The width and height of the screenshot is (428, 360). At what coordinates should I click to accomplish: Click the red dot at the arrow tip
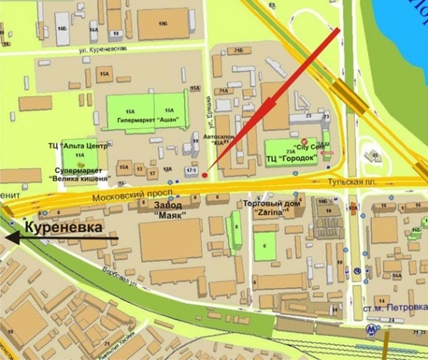tap(206, 163)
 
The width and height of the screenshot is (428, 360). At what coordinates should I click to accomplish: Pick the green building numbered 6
tap(265, 247)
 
